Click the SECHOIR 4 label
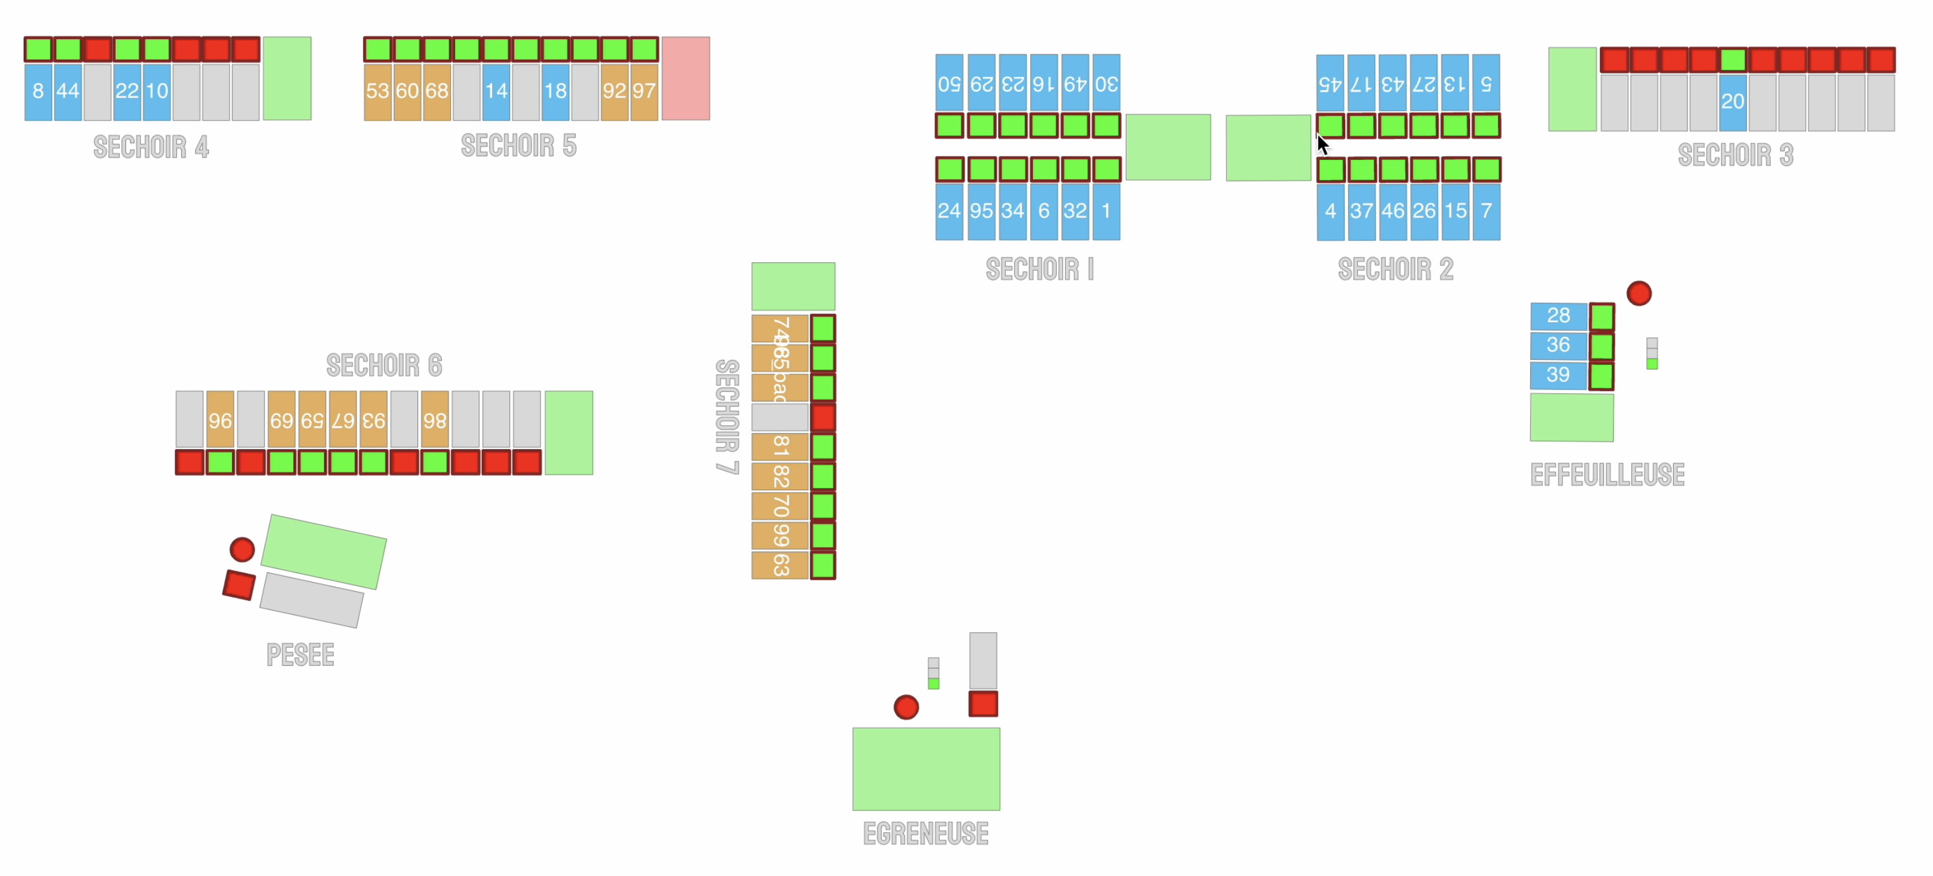pyautogui.click(x=151, y=147)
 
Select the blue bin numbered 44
pyautogui.click(x=67, y=91)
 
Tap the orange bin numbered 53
pyautogui.click(x=377, y=91)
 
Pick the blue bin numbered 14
pyautogui.click(x=496, y=91)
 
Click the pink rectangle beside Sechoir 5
pyautogui.click(x=685, y=79)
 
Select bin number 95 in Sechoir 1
pyautogui.click(x=981, y=211)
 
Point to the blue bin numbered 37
pyautogui.click(x=1361, y=211)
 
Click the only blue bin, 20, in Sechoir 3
pyautogui.click(x=1732, y=102)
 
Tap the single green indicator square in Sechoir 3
pyautogui.click(x=1732, y=60)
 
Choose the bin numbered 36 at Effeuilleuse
pyautogui.click(x=1558, y=345)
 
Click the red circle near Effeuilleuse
pyautogui.click(x=1639, y=293)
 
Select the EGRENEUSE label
pyautogui.click(x=925, y=833)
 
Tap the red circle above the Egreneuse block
pyautogui.click(x=906, y=706)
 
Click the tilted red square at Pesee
pyautogui.click(x=239, y=585)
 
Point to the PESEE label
pyautogui.click(x=300, y=655)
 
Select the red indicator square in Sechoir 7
pyautogui.click(x=822, y=417)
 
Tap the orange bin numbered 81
pyautogui.click(x=780, y=447)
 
